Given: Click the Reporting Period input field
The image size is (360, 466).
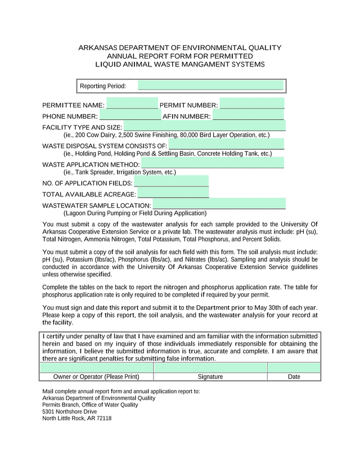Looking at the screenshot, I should point(210,86).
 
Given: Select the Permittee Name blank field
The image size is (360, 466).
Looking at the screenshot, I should point(132,104).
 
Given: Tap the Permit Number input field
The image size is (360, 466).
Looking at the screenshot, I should point(252,104).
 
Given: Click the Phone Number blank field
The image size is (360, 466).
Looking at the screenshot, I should point(130,115).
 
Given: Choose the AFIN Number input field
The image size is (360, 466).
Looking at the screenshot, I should point(248,115).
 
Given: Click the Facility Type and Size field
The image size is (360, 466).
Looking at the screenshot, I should point(204,126).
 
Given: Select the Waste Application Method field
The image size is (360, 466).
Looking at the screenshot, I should point(212,164).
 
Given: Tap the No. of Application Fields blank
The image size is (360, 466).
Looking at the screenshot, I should point(171,182).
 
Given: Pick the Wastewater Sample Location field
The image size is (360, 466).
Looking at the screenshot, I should point(219,204).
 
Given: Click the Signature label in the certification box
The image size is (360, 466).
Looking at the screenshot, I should point(210,377).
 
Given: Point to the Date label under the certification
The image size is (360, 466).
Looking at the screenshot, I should point(294,377).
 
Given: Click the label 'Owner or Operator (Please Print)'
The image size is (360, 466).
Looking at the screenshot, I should point(96,377).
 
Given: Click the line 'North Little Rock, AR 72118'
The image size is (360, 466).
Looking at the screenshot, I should point(77,418).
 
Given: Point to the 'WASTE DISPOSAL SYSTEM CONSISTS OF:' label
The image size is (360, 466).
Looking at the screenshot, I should point(105,146).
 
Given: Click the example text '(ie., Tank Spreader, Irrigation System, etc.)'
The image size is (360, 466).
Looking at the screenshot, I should point(120,172).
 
